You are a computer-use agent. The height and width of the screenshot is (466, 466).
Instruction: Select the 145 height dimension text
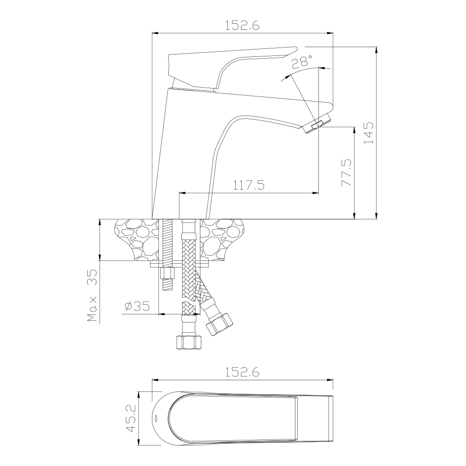point(369,133)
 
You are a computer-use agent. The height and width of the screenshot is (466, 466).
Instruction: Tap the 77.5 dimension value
point(347,172)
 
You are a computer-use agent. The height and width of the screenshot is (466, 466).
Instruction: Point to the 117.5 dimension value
point(248,185)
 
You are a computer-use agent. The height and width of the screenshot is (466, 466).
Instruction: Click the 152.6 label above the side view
point(242,26)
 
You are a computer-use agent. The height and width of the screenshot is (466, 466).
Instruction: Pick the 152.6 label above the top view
point(242,372)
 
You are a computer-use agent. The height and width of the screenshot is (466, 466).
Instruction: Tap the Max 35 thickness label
point(92,296)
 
